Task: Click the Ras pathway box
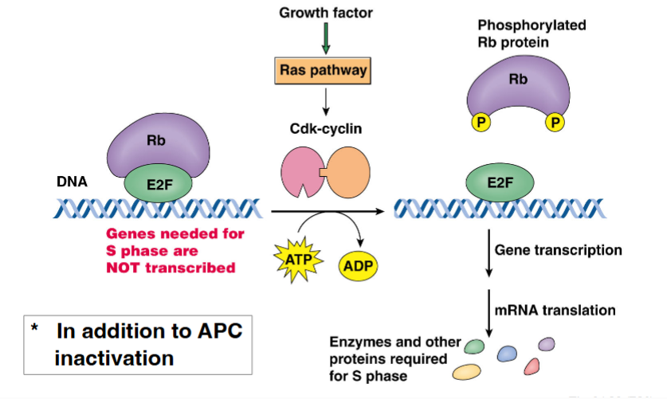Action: pos(325,70)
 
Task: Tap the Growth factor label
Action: pos(325,13)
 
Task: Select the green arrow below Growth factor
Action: pos(325,38)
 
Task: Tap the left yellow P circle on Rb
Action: pos(481,123)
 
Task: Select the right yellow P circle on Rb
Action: pos(555,123)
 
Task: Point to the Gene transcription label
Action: pos(558,250)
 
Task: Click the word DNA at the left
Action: pos(72,182)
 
